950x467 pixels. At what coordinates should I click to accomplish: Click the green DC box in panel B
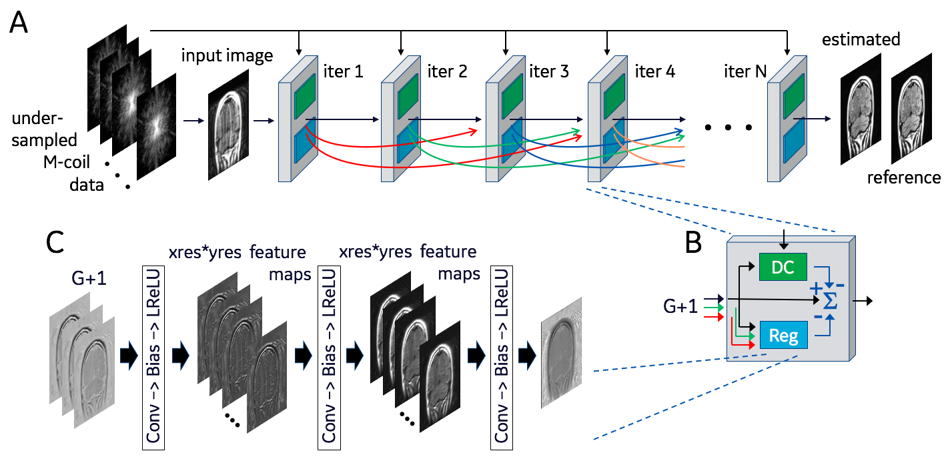point(783,267)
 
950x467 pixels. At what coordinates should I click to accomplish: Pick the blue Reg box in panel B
point(783,334)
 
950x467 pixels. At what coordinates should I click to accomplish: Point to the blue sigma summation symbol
point(829,302)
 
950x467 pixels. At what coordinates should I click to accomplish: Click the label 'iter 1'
point(343,71)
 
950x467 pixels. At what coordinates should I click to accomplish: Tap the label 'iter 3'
point(549,71)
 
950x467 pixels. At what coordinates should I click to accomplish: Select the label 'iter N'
point(745,71)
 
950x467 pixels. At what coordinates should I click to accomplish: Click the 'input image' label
point(227,55)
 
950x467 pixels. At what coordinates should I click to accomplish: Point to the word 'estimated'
point(861,39)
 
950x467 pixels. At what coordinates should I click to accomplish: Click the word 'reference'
point(903,177)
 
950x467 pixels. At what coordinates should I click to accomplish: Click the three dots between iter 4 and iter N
point(729,127)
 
